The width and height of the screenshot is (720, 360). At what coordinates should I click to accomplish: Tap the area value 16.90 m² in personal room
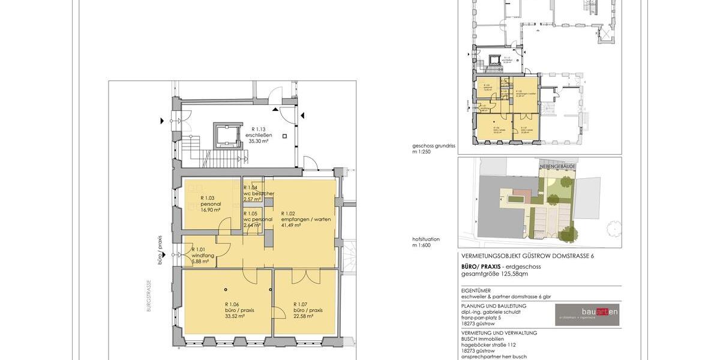(x=210, y=210)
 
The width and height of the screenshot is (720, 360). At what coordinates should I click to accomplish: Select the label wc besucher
(x=259, y=193)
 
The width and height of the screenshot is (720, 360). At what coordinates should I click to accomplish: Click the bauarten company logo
(x=587, y=313)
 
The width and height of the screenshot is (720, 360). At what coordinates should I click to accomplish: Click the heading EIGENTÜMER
(x=478, y=290)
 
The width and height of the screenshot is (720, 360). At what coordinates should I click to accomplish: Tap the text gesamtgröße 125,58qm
(x=494, y=274)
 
